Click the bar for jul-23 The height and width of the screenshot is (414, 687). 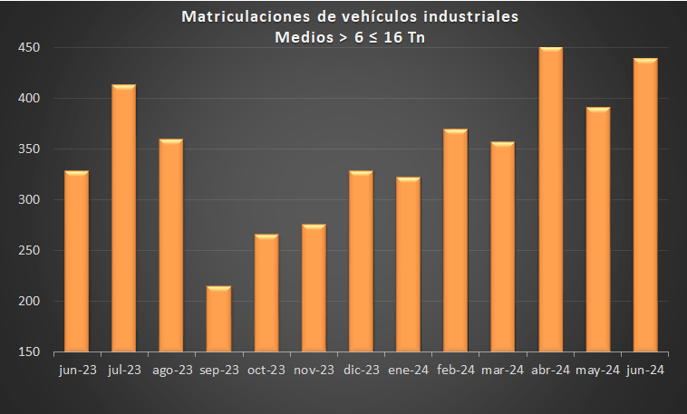pyautogui.click(x=124, y=218)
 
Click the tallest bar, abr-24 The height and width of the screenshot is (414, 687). pyautogui.click(x=551, y=199)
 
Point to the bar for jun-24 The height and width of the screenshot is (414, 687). pyautogui.click(x=645, y=205)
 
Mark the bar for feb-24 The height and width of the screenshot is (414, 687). pyautogui.click(x=456, y=240)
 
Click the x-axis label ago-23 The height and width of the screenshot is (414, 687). pyautogui.click(x=172, y=370)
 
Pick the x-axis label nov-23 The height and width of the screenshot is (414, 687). pyautogui.click(x=314, y=370)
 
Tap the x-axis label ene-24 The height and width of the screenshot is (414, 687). pyautogui.click(x=408, y=370)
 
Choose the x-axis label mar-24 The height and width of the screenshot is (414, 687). pyautogui.click(x=503, y=370)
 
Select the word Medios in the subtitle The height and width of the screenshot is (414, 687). pyautogui.click(x=300, y=37)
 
